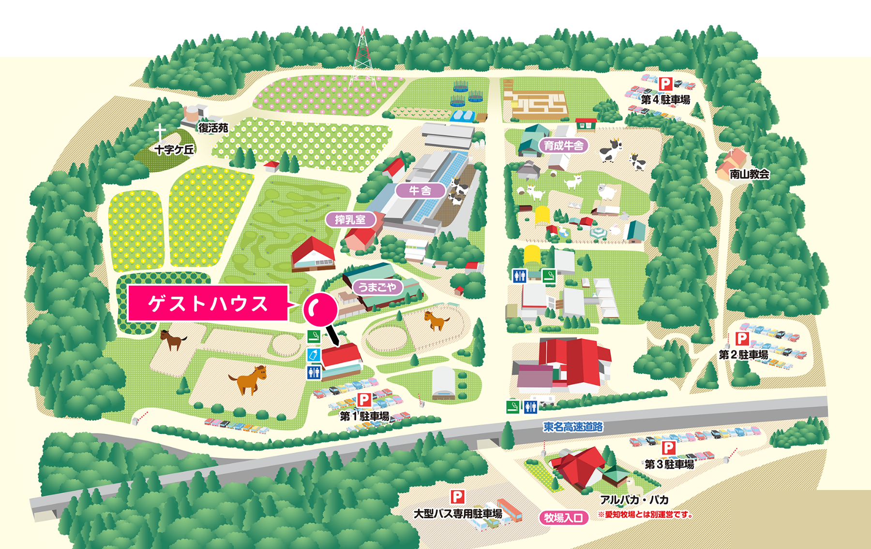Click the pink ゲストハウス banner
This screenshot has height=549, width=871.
click(208, 303)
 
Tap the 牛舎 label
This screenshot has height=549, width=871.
click(420, 190)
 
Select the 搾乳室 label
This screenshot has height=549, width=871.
click(350, 220)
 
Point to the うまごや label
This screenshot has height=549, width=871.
click(377, 287)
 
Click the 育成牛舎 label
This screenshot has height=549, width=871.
click(563, 145)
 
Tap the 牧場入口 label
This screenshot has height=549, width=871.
click(563, 518)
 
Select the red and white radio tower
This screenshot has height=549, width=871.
click(362, 56)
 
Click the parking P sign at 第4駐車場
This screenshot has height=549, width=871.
click(666, 84)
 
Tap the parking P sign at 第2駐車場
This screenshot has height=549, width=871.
click(742, 339)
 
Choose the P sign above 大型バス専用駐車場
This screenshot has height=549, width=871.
click(457, 496)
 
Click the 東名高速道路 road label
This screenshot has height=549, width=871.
click(573, 427)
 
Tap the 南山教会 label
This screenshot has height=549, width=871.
click(750, 174)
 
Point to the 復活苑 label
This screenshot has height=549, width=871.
click(213, 128)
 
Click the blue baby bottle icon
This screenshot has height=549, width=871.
click(314, 355)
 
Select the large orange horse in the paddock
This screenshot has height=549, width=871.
click(249, 379)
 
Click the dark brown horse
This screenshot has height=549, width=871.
click(173, 339)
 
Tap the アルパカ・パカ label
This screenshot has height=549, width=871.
click(634, 500)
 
